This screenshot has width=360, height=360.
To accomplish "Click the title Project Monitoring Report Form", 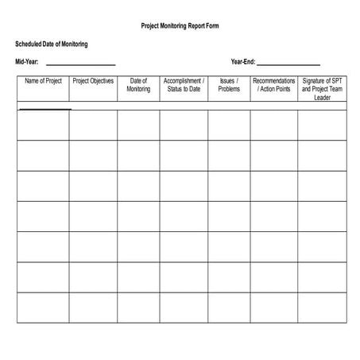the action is coord(180,26).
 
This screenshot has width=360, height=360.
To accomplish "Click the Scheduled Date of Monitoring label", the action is coord(52,44).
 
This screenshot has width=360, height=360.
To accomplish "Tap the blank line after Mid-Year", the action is coord(81,64).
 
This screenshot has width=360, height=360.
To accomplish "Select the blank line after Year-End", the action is coord(288,64).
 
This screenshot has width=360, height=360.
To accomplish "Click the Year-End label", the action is coord(242,61).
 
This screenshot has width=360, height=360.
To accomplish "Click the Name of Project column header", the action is coord(43,81).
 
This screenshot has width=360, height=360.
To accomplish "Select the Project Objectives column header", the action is coord(93,81).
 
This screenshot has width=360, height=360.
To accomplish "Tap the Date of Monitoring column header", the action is coord(138,85).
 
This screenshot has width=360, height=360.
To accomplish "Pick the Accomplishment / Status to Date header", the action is coord(184,85).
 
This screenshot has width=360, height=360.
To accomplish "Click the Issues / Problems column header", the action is coord(229,85).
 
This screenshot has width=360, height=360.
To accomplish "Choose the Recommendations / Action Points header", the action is coord(274,85).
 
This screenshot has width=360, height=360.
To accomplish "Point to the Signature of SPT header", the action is coord(322,81).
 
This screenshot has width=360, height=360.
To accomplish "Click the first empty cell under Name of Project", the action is coord(43,125).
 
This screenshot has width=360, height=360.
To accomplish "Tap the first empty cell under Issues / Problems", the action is coord(229,125).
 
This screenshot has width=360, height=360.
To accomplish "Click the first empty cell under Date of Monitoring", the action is coord(138,125).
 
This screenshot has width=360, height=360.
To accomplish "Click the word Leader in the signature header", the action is coord(322,98).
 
